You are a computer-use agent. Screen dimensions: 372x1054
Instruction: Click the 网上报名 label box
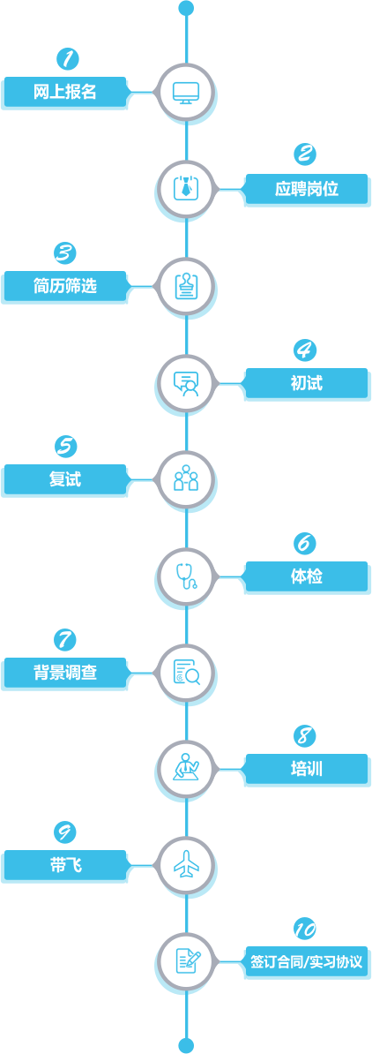(65, 92)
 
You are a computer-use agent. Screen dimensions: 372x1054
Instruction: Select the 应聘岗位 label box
(306, 189)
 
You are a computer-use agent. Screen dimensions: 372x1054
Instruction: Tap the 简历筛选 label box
(65, 286)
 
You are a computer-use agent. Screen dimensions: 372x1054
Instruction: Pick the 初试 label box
(306, 382)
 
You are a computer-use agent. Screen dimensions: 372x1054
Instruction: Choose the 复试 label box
(65, 479)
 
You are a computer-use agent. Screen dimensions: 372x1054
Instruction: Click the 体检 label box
(306, 576)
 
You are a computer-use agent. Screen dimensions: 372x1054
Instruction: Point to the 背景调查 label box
(65, 673)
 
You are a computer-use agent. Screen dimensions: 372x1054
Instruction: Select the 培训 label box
(306, 768)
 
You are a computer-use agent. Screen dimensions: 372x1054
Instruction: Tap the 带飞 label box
(65, 865)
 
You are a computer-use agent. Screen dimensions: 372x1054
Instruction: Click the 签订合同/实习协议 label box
(306, 961)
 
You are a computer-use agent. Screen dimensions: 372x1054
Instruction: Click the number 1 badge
(66, 58)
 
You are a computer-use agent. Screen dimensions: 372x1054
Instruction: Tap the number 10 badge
(306, 929)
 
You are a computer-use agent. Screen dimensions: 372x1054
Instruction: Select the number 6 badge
(306, 543)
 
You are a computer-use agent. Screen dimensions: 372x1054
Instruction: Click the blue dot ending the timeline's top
(186, 8)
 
